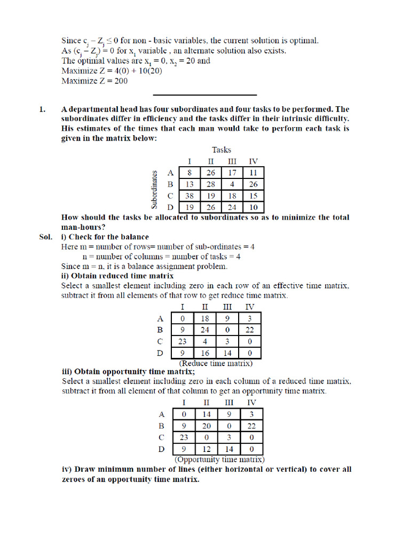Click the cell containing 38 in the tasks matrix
190,196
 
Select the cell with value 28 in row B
211,184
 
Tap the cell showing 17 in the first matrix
232,173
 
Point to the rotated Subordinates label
155,190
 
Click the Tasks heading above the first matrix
222,150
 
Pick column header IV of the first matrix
253,161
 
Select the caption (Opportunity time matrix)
219,459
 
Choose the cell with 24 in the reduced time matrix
205,330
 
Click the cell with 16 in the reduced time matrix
205,353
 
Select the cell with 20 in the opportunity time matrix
206,426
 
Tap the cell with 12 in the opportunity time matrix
206,449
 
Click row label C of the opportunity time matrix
162,437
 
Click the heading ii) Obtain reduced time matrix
117,276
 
